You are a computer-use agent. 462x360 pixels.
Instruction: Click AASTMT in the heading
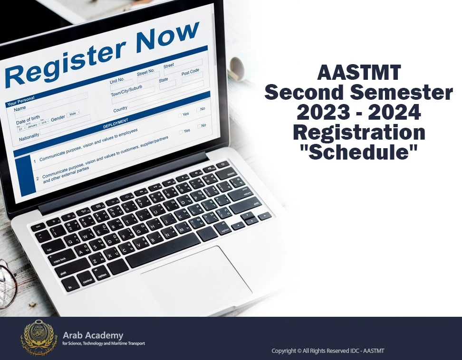[x=359, y=74]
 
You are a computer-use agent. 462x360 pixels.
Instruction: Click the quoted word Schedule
[x=359, y=152]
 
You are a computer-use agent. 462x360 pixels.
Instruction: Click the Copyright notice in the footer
[x=327, y=351]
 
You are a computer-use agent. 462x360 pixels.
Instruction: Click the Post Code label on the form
[x=190, y=72]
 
